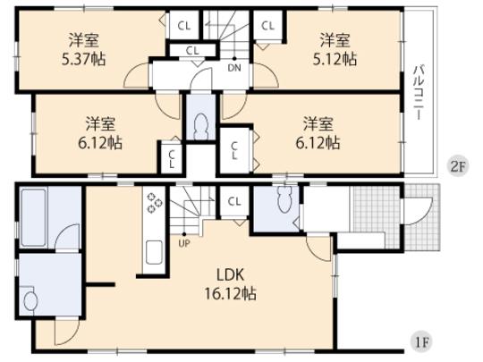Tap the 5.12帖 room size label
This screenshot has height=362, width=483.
336,59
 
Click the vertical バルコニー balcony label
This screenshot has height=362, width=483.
418,94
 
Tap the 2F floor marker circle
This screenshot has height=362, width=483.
456,165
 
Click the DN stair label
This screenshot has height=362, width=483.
233,68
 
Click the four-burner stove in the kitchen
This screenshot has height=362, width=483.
153,204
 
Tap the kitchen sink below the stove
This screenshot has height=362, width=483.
152,250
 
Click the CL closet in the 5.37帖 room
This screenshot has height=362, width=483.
182,26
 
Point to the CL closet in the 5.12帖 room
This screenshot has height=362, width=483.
267,26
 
